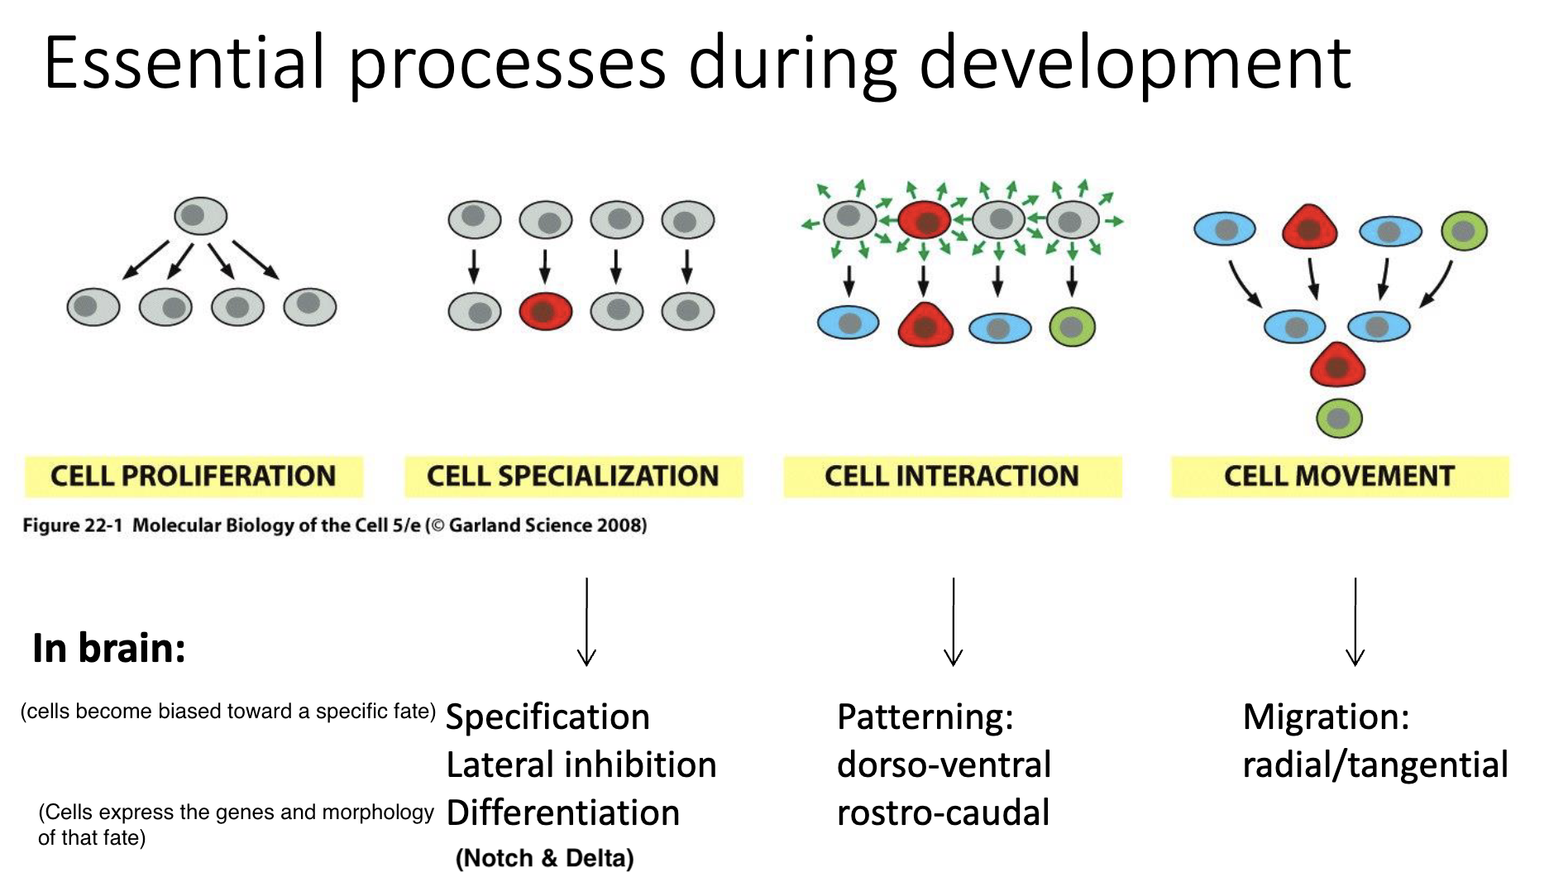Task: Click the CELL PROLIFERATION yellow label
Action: pos(194,477)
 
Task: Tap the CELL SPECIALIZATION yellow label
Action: pos(573,477)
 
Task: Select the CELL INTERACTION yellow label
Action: pos(952,477)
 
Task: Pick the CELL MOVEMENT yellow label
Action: pos(1339,477)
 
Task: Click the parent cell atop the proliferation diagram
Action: pos(200,217)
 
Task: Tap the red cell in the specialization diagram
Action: pos(545,311)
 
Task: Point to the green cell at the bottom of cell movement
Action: pos(1338,419)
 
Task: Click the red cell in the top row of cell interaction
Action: pos(925,220)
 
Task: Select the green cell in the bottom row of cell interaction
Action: pos(1072,327)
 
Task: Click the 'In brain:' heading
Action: pos(109,648)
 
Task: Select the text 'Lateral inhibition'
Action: pos(581,765)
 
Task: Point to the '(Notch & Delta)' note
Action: pos(545,858)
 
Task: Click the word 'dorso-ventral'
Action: pos(944,765)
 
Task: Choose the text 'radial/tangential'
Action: pos(1374,765)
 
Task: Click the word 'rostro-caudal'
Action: pos(943,813)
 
